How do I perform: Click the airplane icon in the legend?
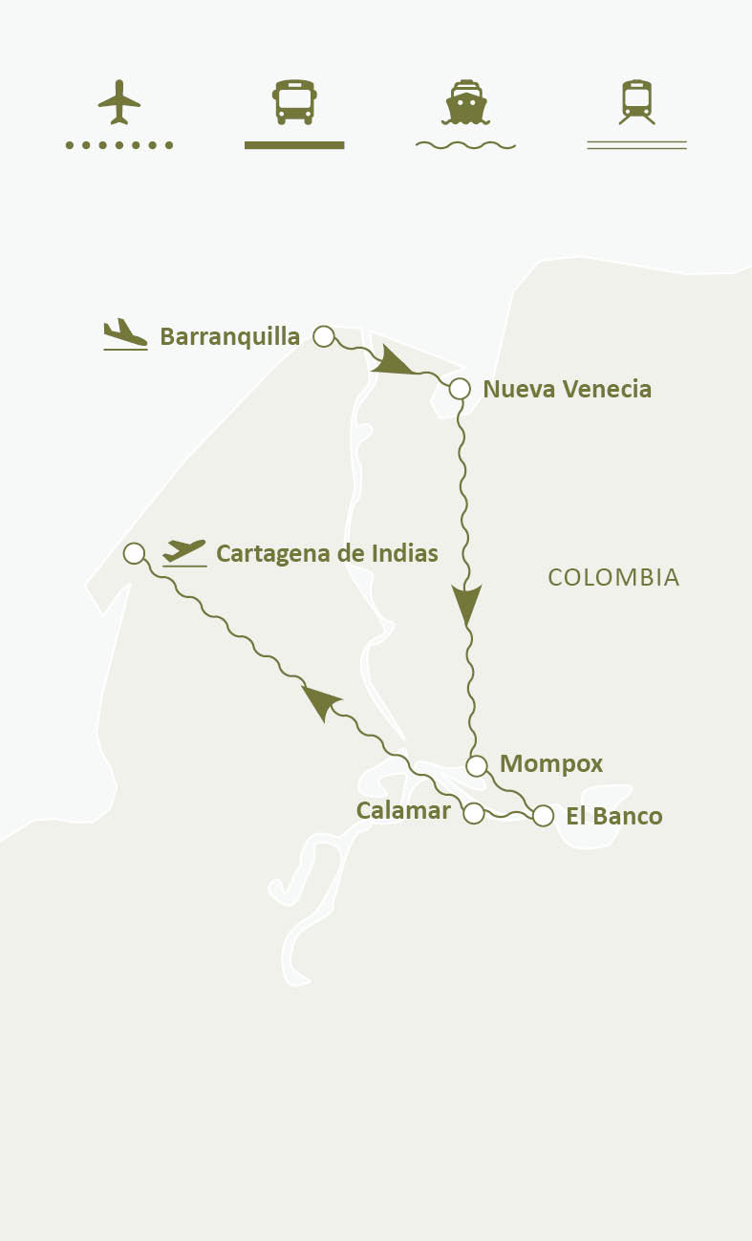tap(119, 101)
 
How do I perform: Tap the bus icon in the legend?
tap(294, 101)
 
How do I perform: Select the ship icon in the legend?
tap(465, 101)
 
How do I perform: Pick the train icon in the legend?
tap(636, 101)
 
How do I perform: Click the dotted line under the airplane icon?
tap(119, 145)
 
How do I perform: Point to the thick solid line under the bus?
tap(294, 145)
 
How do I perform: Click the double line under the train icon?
tap(636, 145)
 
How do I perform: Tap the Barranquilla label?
tap(229, 336)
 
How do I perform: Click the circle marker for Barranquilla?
tap(324, 336)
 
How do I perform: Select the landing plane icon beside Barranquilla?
tap(125, 334)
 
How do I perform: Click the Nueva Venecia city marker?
tap(460, 389)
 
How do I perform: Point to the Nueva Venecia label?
tap(568, 389)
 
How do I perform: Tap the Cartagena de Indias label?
tap(327, 553)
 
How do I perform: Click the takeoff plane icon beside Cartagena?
tap(184, 552)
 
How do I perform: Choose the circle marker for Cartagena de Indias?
tap(135, 553)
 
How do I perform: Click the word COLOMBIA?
tap(613, 577)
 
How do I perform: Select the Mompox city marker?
tap(477, 765)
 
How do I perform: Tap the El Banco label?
tap(613, 816)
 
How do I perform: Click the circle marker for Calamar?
tap(473, 813)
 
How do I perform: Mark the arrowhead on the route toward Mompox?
tap(466, 604)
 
